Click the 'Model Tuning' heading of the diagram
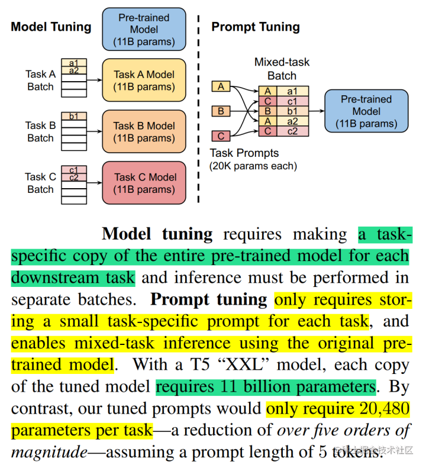pos(51,27)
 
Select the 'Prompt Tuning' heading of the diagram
pos(256,27)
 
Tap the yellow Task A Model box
pos(144,80)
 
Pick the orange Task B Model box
pos(144,132)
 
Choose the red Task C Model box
pos(144,183)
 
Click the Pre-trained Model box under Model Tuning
pos(144,30)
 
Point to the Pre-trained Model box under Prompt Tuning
pos(366,111)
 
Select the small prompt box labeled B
pos(221,111)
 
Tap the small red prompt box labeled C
pos(221,136)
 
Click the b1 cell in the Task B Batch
pos(74,116)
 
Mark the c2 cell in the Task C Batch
pos(74,177)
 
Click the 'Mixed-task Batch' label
pos(282,69)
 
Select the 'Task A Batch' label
pos(40,80)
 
